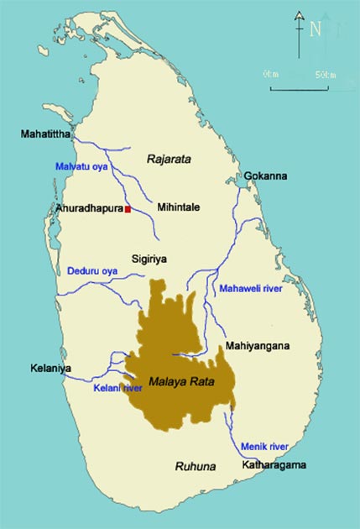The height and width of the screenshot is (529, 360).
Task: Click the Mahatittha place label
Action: tap(48, 133)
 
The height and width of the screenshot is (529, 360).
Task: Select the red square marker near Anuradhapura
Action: tap(128, 208)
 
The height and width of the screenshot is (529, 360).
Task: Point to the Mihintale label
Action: tap(178, 207)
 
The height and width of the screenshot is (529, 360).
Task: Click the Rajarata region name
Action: tap(170, 157)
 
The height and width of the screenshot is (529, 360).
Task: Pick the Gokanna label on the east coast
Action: tap(266, 176)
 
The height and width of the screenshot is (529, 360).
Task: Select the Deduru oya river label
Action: tap(92, 271)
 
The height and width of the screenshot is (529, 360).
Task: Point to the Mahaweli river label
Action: tap(251, 289)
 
